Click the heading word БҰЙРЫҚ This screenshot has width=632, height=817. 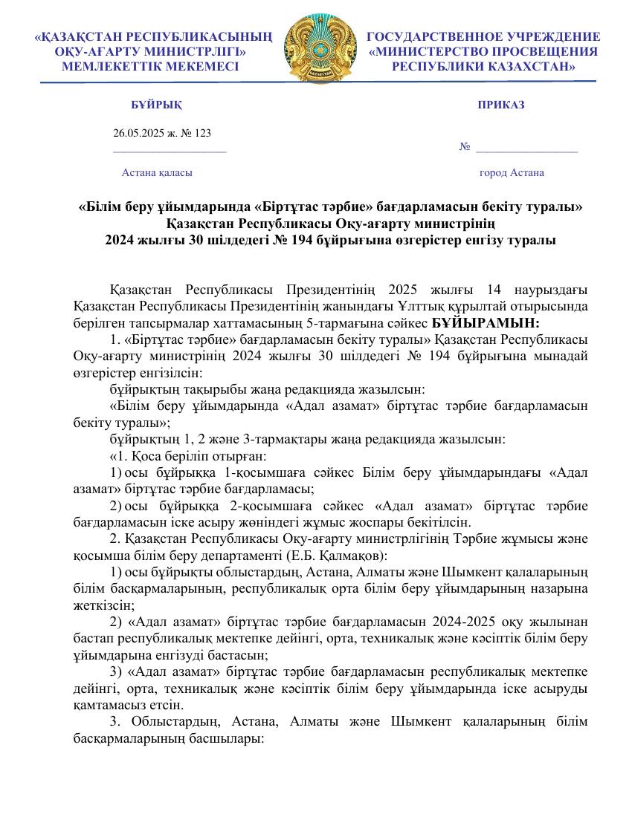pos(156,105)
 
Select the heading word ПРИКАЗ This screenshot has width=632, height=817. pos(501,105)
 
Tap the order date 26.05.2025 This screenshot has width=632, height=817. pos(138,133)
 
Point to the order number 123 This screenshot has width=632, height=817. pos(202,133)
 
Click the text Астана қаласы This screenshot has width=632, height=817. pos(157,172)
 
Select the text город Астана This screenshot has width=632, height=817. pos(512,172)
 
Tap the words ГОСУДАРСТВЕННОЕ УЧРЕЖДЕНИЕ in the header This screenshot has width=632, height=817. pos(484,36)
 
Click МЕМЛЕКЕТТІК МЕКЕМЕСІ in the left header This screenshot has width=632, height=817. pos(151,66)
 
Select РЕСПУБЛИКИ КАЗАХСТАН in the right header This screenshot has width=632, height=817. pos(484,66)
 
